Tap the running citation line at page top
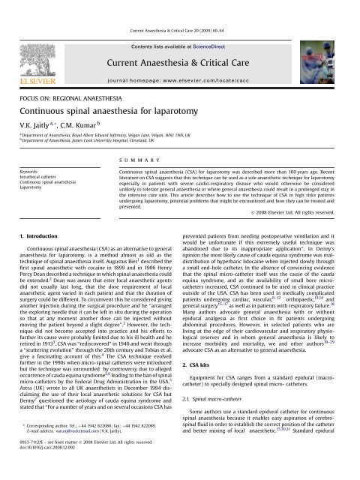pos(179,7)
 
